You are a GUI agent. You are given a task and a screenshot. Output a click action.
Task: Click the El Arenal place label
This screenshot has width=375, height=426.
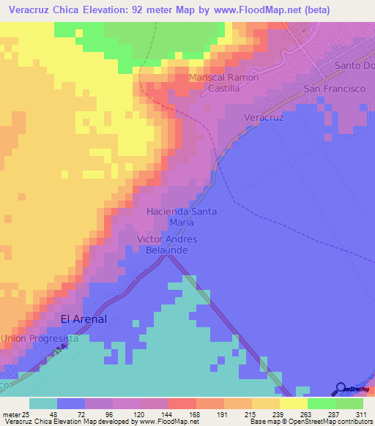[x=83, y=319]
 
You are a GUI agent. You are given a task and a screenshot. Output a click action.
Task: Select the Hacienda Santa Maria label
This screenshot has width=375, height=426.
[x=182, y=217]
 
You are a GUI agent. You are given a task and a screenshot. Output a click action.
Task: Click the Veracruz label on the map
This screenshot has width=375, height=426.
[x=263, y=117]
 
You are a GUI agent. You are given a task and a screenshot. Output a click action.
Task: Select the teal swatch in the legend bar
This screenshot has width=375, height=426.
[x=43, y=403]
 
